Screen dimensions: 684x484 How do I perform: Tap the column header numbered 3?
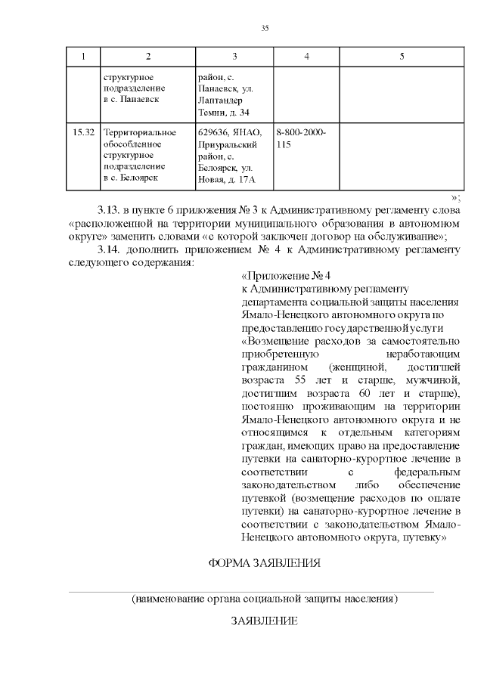[x=235, y=57]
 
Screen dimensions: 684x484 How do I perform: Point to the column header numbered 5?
[x=402, y=57]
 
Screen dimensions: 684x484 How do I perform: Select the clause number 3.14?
[x=110, y=249]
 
